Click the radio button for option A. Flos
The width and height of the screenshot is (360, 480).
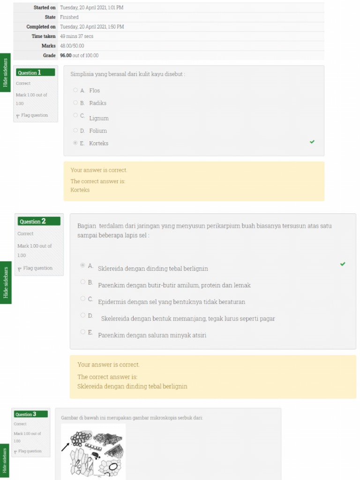75,90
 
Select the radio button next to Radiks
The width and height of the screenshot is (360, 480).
75,103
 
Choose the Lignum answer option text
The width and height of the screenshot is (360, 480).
99,119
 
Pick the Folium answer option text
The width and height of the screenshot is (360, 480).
98,131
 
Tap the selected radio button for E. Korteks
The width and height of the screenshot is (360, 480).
75,143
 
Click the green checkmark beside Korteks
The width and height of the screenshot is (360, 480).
312,142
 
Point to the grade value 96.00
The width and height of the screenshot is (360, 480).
66,55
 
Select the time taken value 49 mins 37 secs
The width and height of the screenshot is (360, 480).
76,36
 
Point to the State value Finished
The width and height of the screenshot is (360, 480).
69,17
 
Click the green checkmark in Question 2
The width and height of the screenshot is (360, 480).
343,264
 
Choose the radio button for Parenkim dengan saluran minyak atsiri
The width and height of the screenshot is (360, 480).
83,332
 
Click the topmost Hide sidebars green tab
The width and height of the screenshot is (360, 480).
5,72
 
